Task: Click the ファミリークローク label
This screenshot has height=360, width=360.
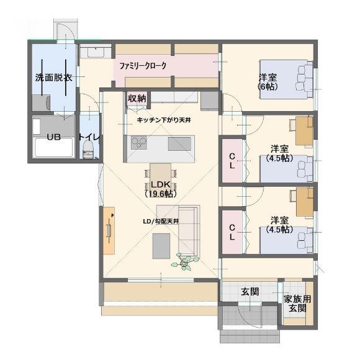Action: click(143, 66)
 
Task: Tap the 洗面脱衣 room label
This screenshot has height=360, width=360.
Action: click(54, 78)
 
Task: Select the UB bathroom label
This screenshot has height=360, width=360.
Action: click(54, 137)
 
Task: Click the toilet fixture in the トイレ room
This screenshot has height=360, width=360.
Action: click(88, 149)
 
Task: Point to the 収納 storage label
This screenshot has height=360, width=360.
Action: click(137, 99)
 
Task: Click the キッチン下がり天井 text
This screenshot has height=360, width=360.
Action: click(164, 120)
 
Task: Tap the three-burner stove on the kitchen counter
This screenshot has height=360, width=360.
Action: click(139, 143)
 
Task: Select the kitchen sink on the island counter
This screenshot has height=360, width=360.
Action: click(179, 144)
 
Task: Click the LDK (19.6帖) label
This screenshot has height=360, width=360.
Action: click(161, 189)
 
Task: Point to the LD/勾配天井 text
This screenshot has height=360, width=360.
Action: click(161, 222)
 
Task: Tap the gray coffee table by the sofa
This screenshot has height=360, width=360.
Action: click(161, 246)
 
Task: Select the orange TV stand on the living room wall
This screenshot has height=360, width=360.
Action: click(109, 230)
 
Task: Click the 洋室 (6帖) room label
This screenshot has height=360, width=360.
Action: click(268, 82)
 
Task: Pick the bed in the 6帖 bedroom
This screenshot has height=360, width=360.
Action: click(286, 79)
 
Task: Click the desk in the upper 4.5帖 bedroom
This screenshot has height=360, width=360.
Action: click(304, 131)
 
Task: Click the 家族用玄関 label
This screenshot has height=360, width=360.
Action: click(297, 304)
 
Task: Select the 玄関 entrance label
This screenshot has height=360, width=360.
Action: click(250, 292)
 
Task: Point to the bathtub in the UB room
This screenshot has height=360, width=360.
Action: click(54, 148)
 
